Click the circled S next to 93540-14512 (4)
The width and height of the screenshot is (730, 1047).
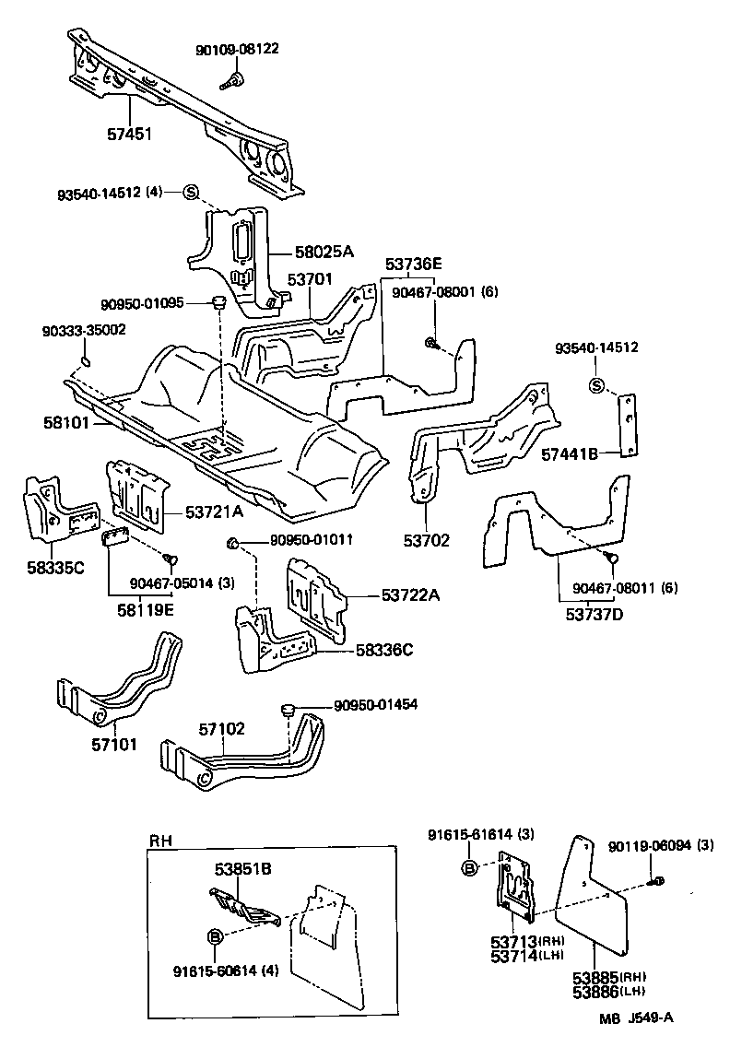tap(191, 193)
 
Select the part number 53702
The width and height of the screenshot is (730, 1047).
tap(427, 540)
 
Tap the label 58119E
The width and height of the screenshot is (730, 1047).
tap(135, 608)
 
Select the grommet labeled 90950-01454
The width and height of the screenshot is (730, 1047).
tap(287, 708)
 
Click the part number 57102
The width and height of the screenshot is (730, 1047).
tap(222, 728)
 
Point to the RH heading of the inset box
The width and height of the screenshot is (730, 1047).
tap(159, 840)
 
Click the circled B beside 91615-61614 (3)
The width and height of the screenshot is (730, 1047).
tap(468, 867)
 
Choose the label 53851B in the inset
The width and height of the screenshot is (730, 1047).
tap(244, 868)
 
